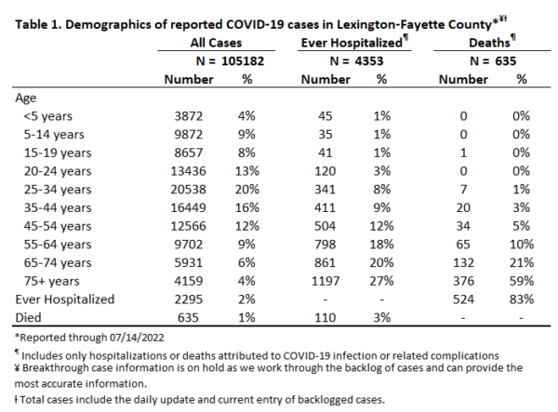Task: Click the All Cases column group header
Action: pyautogui.click(x=216, y=43)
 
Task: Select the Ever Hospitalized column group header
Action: pyautogui.click(x=352, y=43)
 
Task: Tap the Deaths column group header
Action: pyautogui.click(x=490, y=43)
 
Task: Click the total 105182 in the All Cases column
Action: pyautogui.click(x=243, y=61)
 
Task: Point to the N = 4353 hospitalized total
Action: pyautogui.click(x=356, y=61)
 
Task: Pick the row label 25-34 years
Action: pyautogui.click(x=58, y=190)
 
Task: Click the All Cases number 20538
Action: pyautogui.click(x=188, y=190)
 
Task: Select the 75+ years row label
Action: pyautogui.click(x=51, y=282)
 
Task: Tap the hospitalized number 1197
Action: pyautogui.click(x=325, y=281)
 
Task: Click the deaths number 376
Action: pyautogui.click(x=463, y=281)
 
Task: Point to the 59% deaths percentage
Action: pyautogui.click(x=522, y=281)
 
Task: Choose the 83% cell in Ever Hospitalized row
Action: pyautogui.click(x=522, y=299)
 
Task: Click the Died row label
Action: pyautogui.click(x=28, y=318)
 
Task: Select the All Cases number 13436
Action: pyautogui.click(x=188, y=171)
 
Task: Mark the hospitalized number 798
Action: pyautogui.click(x=325, y=245)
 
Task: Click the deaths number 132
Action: pyautogui.click(x=463, y=263)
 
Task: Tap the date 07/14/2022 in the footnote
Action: pyautogui.click(x=137, y=338)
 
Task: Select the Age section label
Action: pyautogui.click(x=26, y=99)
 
